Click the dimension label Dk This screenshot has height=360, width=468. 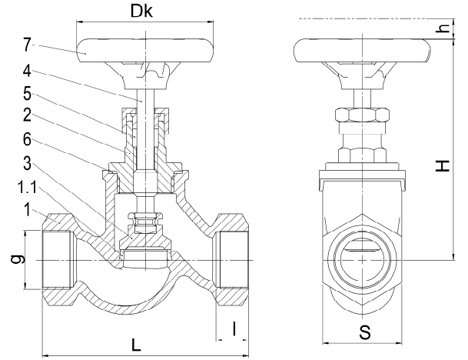(141, 12)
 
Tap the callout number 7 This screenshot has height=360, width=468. (27, 45)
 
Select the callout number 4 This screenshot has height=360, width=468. (27, 70)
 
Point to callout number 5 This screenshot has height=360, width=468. (27, 93)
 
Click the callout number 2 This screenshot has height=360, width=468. (27, 115)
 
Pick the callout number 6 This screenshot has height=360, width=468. (27, 139)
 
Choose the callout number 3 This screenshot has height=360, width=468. (27, 163)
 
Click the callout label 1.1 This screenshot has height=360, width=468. (27, 188)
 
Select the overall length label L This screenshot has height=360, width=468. (136, 345)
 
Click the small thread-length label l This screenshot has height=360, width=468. (234, 328)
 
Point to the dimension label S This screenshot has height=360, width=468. (365, 332)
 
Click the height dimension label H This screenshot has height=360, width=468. (443, 166)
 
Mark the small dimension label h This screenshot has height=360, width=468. (444, 28)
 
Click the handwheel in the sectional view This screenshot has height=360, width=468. (145, 51)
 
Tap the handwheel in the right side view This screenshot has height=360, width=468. (363, 50)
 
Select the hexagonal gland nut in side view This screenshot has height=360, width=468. (363, 115)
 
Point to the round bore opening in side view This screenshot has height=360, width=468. (363, 260)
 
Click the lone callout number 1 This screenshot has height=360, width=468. (27, 210)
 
